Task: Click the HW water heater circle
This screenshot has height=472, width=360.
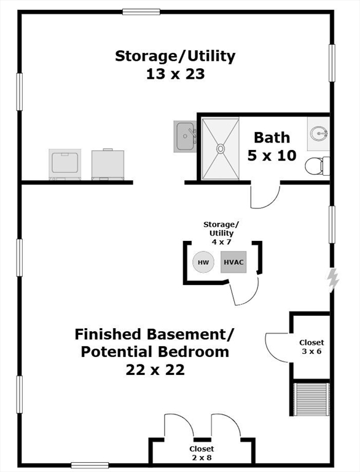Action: [x=203, y=262]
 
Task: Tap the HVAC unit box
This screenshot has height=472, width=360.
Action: [x=233, y=262]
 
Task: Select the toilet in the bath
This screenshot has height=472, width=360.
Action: [x=317, y=166]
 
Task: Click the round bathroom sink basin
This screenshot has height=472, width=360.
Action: [x=319, y=133]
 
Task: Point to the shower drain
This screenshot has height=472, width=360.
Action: [x=221, y=148]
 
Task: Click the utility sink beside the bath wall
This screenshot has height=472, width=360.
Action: [x=185, y=136]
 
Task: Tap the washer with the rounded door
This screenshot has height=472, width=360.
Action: [x=65, y=164]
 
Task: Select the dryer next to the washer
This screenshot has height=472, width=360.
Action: [x=108, y=164]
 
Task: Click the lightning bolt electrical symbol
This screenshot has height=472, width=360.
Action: [x=332, y=280]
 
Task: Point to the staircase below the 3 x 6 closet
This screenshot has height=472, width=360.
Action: [x=311, y=399]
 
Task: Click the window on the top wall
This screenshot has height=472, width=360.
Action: [x=141, y=12]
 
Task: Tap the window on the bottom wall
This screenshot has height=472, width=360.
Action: [x=90, y=465]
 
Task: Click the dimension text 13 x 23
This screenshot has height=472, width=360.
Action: [x=176, y=74]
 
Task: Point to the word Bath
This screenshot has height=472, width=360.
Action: [x=272, y=138]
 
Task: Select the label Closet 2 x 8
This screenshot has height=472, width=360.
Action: [x=202, y=454]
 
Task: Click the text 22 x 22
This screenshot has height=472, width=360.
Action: [x=155, y=370]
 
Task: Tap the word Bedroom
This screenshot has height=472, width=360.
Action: [x=194, y=352]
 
